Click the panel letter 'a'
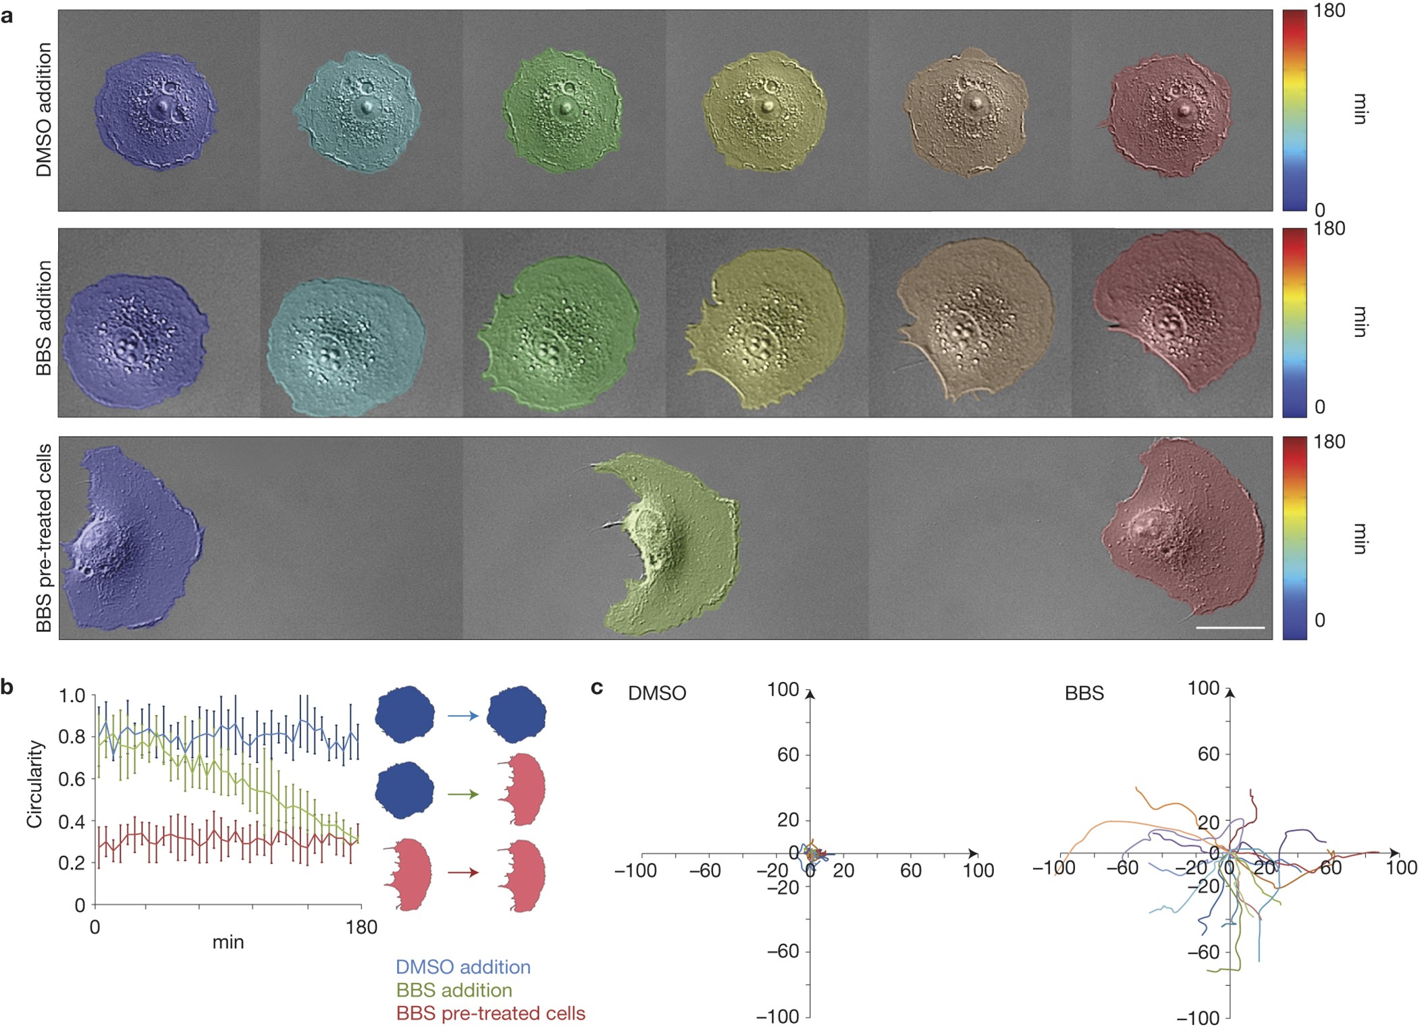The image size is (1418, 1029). click(7, 16)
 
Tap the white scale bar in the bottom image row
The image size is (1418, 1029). click(1230, 628)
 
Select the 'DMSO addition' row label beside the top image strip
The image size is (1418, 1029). click(44, 110)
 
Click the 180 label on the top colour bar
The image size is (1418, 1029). click(1329, 11)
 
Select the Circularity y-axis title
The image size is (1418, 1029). click(34, 783)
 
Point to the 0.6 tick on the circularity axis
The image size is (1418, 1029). click(72, 779)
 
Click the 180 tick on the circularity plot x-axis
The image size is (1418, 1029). click(361, 928)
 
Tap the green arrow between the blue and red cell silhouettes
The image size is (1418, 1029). click(463, 795)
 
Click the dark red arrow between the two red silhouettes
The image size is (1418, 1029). click(463, 873)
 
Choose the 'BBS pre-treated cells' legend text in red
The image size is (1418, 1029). click(490, 1013)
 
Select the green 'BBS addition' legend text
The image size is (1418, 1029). click(454, 991)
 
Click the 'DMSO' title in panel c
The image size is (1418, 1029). click(656, 693)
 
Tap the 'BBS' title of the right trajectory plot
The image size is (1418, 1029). click(1084, 693)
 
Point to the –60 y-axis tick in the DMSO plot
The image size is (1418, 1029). click(783, 951)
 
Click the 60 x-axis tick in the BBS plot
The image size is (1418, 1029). click(1330, 868)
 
